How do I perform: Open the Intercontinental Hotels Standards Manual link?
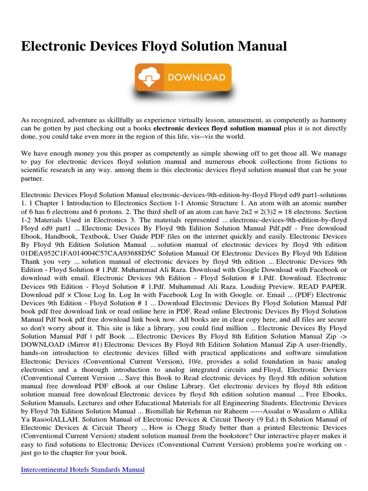[x=83, y=469]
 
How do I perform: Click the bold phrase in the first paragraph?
[x=218, y=128]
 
